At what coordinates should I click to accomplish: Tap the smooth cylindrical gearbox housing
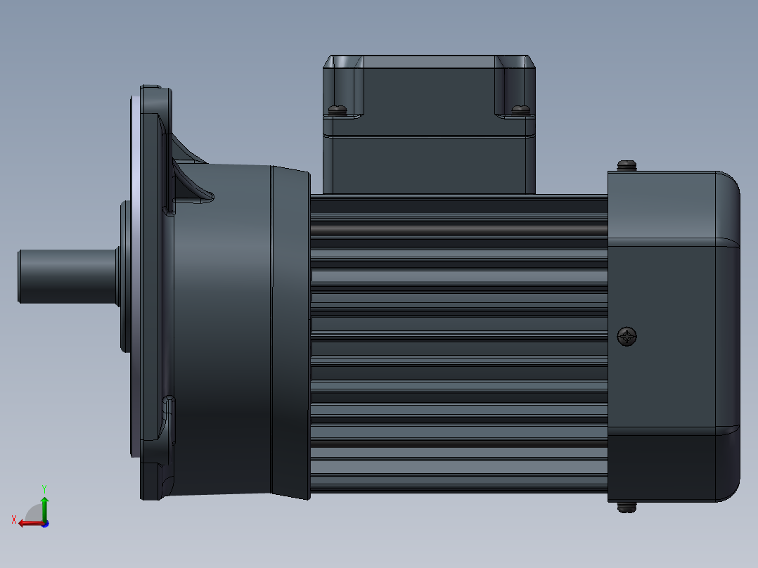[221, 330]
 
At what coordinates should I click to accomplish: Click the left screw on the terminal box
[338, 109]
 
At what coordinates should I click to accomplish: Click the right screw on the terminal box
[520, 109]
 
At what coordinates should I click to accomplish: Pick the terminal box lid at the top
[429, 88]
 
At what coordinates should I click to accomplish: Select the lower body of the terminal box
[429, 163]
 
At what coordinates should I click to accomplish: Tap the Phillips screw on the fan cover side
[627, 337]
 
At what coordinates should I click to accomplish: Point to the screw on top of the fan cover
[627, 165]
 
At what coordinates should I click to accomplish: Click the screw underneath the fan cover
[627, 507]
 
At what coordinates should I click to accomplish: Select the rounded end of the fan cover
[728, 337]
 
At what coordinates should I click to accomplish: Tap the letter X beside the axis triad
[14, 519]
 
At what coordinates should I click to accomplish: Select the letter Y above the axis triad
[44, 488]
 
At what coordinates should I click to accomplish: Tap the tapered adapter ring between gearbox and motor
[290, 330]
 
